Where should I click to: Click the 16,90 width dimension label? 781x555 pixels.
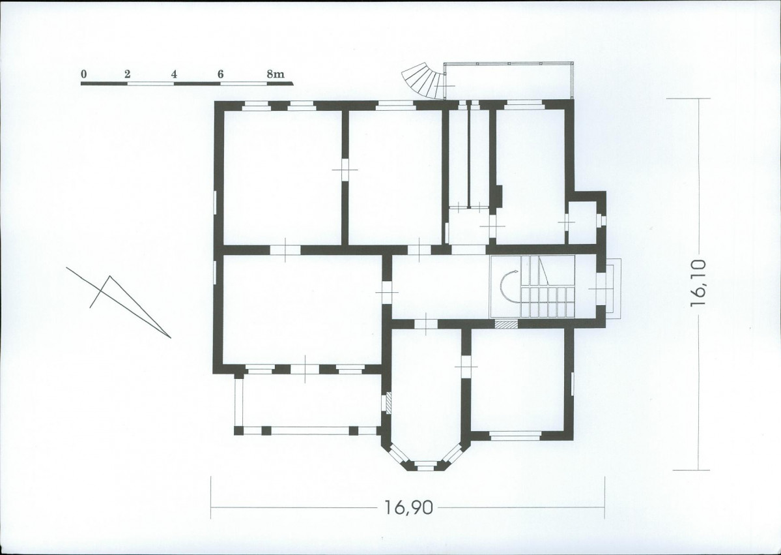408,507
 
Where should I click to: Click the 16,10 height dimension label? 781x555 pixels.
698,283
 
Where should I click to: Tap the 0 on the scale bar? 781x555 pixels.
83,74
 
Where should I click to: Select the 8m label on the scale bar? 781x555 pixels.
276,74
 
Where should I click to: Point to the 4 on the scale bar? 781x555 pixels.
174,74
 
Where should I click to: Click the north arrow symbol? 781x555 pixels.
119,303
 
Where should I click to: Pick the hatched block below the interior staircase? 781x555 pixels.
506,324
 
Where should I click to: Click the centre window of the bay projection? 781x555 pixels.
425,465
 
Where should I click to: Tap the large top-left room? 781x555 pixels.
283,177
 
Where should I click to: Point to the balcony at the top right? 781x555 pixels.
509,82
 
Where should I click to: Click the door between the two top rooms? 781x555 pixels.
345,170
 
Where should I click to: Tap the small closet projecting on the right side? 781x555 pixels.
582,223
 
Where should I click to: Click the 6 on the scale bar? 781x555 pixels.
220,74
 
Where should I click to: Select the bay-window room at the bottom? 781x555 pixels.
427,394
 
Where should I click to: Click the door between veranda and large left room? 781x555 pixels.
305,369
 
